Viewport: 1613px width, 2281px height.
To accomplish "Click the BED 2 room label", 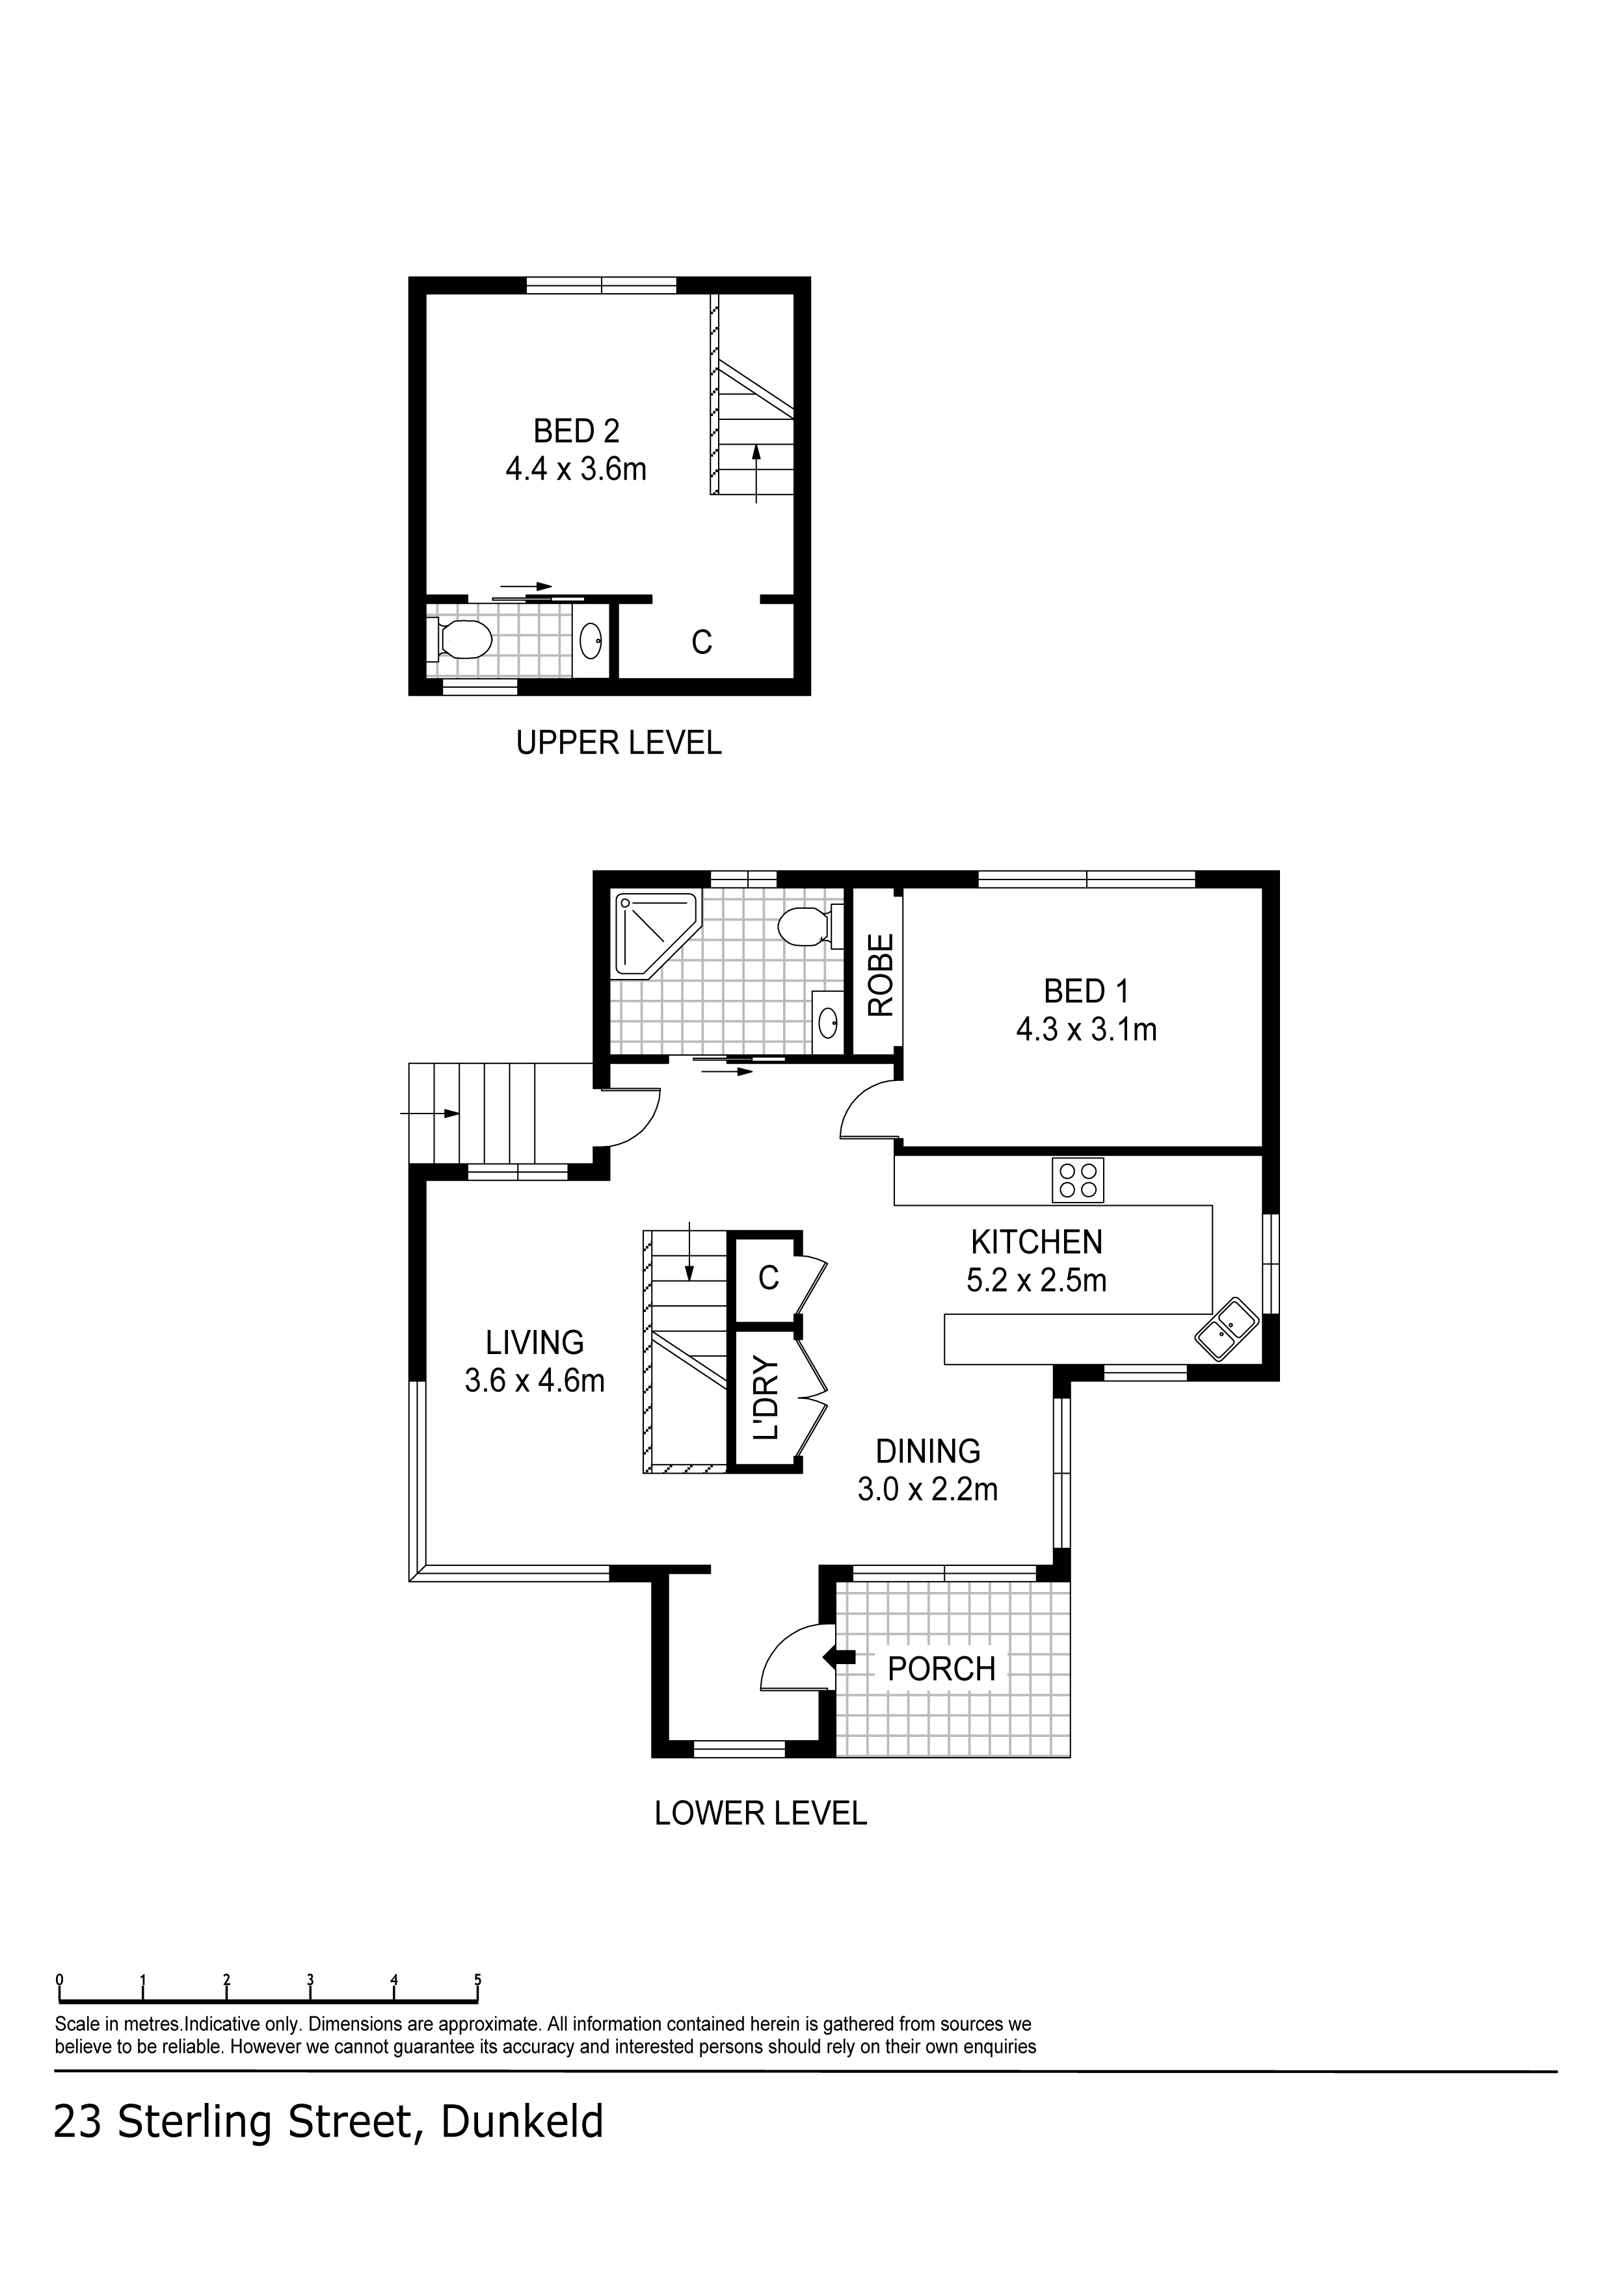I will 576,431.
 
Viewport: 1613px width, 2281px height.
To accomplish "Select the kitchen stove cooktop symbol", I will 1077,1180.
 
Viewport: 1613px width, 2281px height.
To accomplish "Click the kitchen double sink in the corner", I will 1227,1328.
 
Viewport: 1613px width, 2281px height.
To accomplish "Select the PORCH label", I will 940,1670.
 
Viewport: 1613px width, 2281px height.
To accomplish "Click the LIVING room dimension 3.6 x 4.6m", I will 535,1381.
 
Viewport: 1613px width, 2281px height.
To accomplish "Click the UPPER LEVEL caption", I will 618,743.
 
